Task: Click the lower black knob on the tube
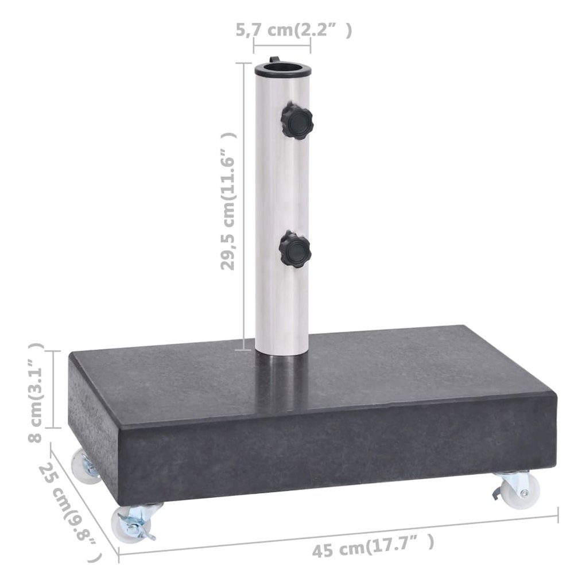click(294, 249)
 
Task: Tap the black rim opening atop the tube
click(283, 70)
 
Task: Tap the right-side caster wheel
click(516, 490)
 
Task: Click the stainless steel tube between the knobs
click(282, 184)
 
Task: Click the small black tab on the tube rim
click(274, 60)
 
